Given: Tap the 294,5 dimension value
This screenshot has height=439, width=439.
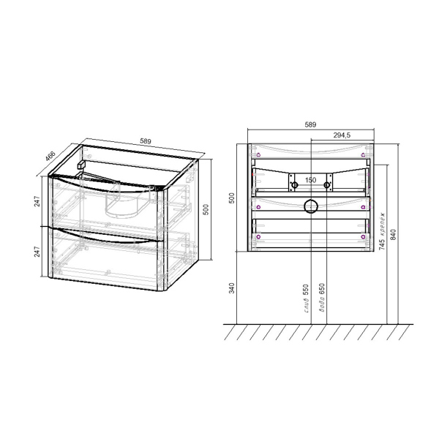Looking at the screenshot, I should (x=343, y=135).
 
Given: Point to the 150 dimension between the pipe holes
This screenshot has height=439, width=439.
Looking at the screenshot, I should (x=310, y=180).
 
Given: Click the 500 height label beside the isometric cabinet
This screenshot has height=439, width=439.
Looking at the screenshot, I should (x=206, y=209).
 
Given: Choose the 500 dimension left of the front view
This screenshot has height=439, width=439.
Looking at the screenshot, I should (x=232, y=199).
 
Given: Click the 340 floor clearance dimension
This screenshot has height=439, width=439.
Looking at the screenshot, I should (x=232, y=288).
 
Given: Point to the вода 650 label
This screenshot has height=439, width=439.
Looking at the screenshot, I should (x=320, y=298).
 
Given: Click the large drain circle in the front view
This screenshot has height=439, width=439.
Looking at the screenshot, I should (x=310, y=206).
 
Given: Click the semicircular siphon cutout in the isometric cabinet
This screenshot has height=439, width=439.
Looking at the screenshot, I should (x=121, y=205).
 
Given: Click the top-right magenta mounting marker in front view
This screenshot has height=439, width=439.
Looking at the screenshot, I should (x=364, y=154).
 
